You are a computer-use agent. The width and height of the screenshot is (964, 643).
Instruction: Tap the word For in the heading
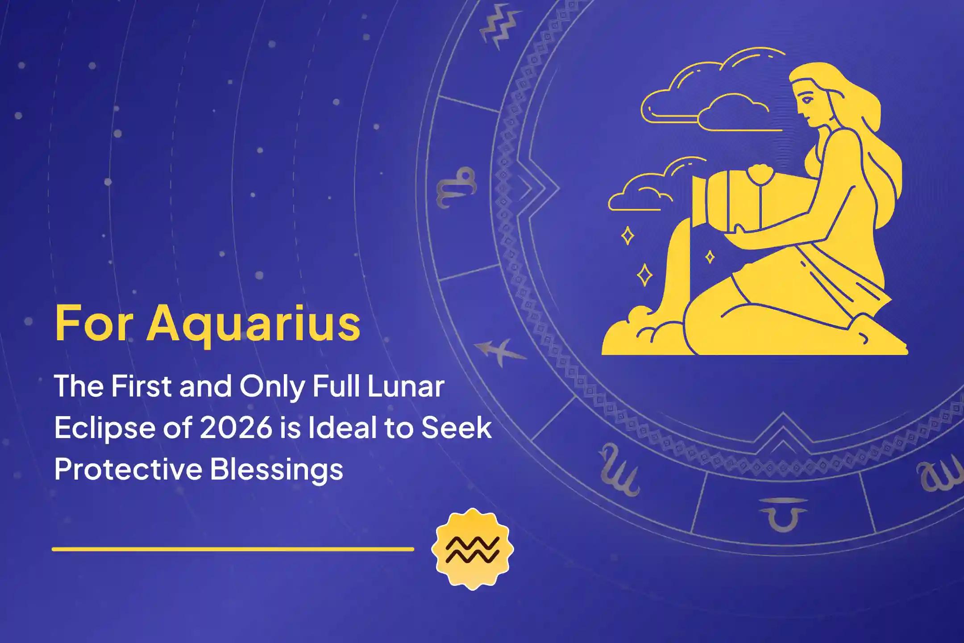94,323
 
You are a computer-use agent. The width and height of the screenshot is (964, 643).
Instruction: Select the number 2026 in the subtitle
236,428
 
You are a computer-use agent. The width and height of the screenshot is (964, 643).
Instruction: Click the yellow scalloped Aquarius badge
472,549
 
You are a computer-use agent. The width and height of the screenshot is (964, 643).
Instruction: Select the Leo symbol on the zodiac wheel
455,188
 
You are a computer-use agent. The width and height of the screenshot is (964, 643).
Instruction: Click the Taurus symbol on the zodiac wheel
783,514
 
